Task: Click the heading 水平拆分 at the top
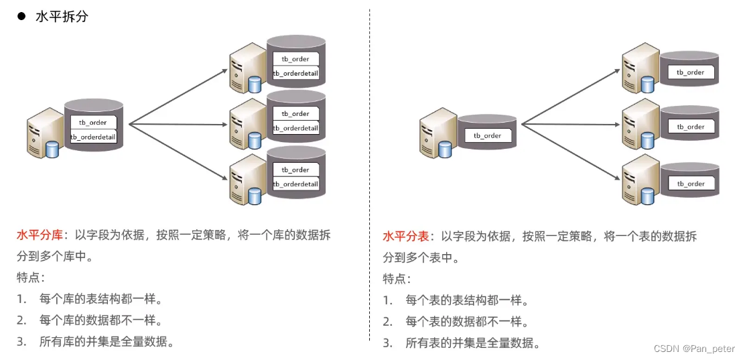pyautogui.click(x=62, y=17)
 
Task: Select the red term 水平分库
pyautogui.click(x=40, y=235)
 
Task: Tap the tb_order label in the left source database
pyautogui.click(x=93, y=123)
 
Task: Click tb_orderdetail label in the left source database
pyautogui.click(x=93, y=137)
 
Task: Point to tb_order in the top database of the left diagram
pyautogui.click(x=295, y=59)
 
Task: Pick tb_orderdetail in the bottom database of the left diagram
pyautogui.click(x=295, y=184)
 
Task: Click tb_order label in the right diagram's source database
pyautogui.click(x=487, y=135)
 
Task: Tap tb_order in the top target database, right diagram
pyautogui.click(x=690, y=72)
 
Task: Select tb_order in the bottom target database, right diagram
pyautogui.click(x=690, y=184)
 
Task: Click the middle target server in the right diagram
pyautogui.click(x=638, y=123)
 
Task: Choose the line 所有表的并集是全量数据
pyautogui.click(x=472, y=343)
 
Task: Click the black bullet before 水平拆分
pyautogui.click(x=21, y=17)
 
